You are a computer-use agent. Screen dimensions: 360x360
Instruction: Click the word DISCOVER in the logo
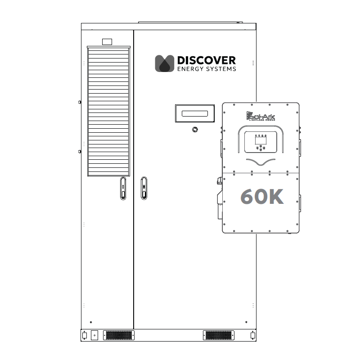tap(206, 60)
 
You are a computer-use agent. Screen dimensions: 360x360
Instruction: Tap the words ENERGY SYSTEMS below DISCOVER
tap(206, 69)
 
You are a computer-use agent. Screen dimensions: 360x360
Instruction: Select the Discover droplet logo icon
tap(165, 63)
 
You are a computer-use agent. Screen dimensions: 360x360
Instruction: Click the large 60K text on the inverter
tap(262, 197)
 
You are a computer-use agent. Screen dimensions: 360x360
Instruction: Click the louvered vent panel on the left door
tap(108, 111)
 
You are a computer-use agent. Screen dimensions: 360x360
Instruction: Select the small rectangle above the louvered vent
tap(107, 42)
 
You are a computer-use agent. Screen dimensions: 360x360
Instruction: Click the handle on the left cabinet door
tap(123, 188)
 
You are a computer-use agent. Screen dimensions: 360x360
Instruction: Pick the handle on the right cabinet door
tap(144, 188)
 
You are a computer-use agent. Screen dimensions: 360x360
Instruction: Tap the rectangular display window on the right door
tap(194, 113)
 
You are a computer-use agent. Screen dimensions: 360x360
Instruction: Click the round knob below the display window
tap(194, 130)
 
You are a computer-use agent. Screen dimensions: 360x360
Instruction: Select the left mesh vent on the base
tap(119, 335)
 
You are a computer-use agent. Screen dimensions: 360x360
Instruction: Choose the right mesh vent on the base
tap(218, 335)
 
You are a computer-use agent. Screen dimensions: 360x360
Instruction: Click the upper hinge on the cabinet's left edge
tap(80, 102)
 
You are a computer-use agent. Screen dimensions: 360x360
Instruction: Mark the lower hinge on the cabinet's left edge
tap(80, 152)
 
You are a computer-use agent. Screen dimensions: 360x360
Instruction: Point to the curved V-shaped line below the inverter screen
tap(260, 162)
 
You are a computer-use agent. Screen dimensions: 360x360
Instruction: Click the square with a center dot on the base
tap(94, 335)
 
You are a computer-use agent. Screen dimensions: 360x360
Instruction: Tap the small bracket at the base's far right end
tap(252, 335)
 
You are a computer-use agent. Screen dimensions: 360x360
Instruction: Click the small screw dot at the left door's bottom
tap(91, 322)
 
